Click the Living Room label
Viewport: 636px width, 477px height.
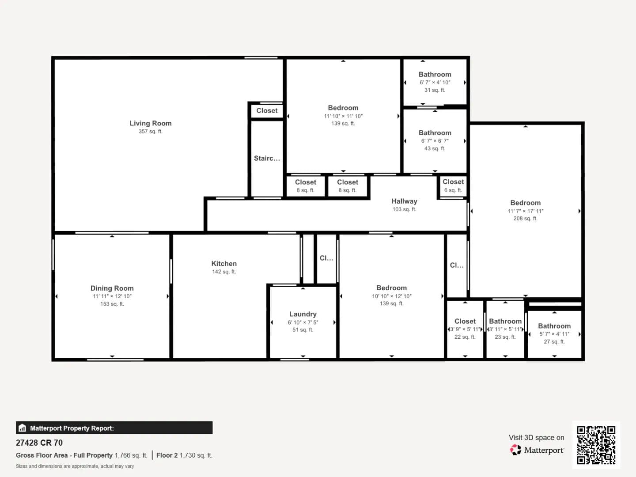click(150, 123)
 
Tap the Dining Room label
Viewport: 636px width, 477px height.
click(112, 288)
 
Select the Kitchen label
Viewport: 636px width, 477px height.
click(224, 264)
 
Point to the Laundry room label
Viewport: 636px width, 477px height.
click(303, 314)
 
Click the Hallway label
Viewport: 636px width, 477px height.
click(404, 201)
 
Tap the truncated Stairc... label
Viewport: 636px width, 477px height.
click(267, 158)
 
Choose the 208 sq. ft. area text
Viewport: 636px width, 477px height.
click(525, 218)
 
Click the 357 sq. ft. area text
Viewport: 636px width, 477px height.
click(150, 131)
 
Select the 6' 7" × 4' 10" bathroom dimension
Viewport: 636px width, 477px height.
click(435, 82)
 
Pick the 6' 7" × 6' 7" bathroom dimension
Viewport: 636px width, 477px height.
click(435, 141)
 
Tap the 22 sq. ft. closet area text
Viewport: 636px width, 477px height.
click(465, 337)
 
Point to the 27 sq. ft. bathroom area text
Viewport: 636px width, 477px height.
click(554, 341)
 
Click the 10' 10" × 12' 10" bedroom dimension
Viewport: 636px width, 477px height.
click(391, 296)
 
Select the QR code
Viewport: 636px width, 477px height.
click(596, 445)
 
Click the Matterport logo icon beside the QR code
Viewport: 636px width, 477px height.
click(515, 450)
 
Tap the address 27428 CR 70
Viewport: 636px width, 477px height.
click(39, 443)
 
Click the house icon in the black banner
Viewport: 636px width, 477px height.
click(23, 428)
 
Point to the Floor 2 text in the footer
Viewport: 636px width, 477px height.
click(167, 455)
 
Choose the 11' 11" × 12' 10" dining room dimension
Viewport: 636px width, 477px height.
click(112, 296)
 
